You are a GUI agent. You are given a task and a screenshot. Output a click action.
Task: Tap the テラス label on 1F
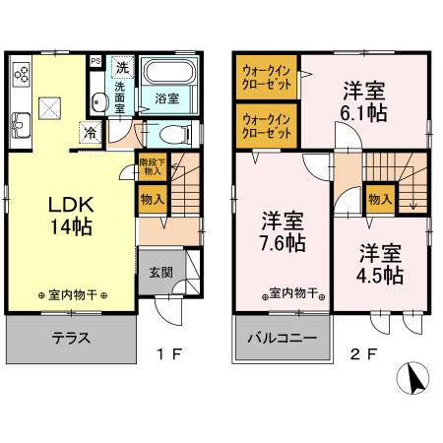point(70,338)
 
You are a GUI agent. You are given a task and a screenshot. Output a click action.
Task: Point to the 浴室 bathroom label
point(166,97)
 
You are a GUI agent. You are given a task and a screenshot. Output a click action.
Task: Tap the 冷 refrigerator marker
point(90,132)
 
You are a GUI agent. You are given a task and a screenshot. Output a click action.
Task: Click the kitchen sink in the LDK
point(23,124)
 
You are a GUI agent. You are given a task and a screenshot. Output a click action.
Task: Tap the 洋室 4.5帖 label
point(379,263)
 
